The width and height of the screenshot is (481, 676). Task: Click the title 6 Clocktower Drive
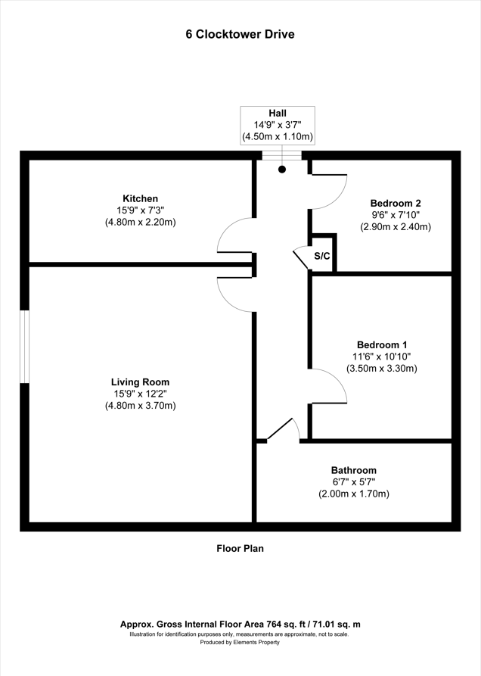pyautogui.click(x=240, y=34)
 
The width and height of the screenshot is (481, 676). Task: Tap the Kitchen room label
pyautogui.click(x=141, y=198)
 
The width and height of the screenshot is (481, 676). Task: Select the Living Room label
pyautogui.click(x=141, y=382)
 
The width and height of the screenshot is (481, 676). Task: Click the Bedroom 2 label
pyautogui.click(x=395, y=202)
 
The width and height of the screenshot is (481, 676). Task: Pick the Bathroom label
pyautogui.click(x=353, y=470)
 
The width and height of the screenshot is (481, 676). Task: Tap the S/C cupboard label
pyautogui.click(x=322, y=256)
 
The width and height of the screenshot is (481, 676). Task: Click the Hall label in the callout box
pyautogui.click(x=278, y=113)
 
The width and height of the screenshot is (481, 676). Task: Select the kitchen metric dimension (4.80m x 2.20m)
pyautogui.click(x=141, y=223)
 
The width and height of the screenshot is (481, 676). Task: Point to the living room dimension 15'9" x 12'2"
pyautogui.click(x=141, y=394)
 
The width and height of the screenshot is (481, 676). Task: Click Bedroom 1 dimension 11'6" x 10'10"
pyautogui.click(x=382, y=356)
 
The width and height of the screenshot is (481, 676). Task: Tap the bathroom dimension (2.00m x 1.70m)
pyautogui.click(x=353, y=494)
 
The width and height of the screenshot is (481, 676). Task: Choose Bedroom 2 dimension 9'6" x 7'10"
pyautogui.click(x=395, y=214)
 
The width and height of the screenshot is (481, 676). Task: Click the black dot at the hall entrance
pyautogui.click(x=282, y=170)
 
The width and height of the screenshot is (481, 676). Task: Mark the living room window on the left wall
pyautogui.click(x=24, y=346)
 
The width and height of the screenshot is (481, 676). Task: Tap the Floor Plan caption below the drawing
pyautogui.click(x=240, y=549)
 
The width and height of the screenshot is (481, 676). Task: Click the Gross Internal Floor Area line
pyautogui.click(x=240, y=624)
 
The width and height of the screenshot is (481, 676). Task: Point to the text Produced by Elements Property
pyautogui.click(x=240, y=642)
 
